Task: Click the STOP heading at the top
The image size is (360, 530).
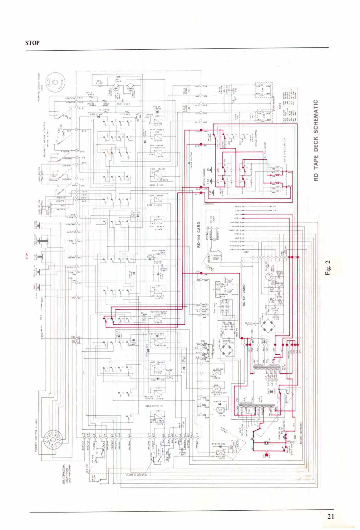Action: pyautogui.click(x=32, y=43)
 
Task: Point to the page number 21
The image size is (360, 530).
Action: pyautogui.click(x=331, y=516)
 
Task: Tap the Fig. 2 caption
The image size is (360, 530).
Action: pyautogui.click(x=327, y=268)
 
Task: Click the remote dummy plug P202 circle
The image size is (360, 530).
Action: pyautogui.click(x=55, y=82)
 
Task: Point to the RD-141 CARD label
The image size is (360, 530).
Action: pyautogui.click(x=244, y=295)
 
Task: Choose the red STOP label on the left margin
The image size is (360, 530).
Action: pyautogui.click(x=27, y=256)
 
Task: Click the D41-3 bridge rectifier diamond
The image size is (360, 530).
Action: pyautogui.click(x=268, y=326)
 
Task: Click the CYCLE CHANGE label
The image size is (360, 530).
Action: pyautogui.click(x=256, y=138)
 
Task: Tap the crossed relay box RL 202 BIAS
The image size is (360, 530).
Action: pyautogui.click(x=216, y=388)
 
